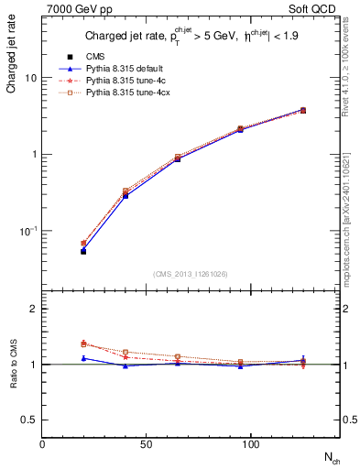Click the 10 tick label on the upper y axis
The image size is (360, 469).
click(30, 78)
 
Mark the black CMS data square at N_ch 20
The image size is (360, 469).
click(83, 250)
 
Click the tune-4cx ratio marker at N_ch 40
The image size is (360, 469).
click(125, 352)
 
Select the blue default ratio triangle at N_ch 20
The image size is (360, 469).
click(83, 358)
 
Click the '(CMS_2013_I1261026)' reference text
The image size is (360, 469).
click(191, 274)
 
